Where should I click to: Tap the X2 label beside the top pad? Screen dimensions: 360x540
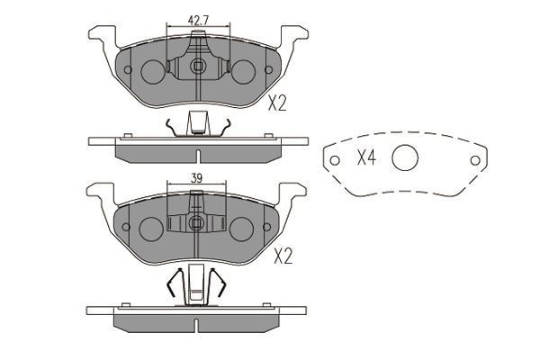277,103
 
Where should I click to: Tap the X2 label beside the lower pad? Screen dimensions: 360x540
284,256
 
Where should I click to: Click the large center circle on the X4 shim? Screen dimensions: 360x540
407,158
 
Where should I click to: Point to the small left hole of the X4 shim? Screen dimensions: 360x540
336,162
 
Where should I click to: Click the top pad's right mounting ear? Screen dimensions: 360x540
294,37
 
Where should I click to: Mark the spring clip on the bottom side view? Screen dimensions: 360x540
196,286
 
